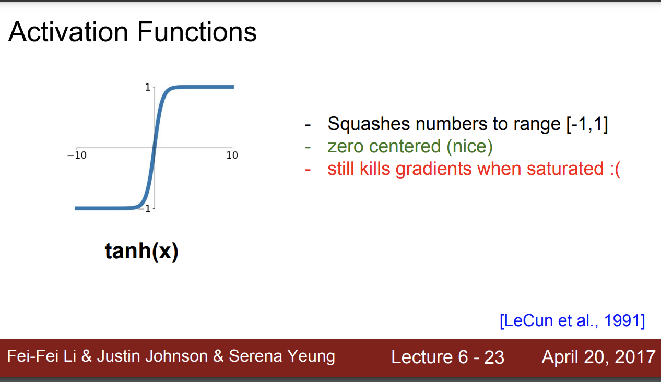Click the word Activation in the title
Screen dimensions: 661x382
coord(68,32)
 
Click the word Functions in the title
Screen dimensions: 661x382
coord(197,32)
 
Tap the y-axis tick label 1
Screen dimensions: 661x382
coord(148,87)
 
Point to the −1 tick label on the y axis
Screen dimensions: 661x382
coord(145,209)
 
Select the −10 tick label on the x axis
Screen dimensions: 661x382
coord(77,155)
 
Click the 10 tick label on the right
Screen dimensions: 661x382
coord(232,155)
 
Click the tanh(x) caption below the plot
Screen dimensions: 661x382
coord(141,252)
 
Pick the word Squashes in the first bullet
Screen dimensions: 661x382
coord(369,124)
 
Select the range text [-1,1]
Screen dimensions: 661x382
coord(587,124)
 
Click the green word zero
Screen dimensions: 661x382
coord(345,147)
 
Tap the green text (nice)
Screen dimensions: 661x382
coord(469,147)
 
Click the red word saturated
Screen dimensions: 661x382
coord(565,169)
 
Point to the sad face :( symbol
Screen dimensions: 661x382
coord(615,169)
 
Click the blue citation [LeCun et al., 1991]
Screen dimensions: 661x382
coord(572,320)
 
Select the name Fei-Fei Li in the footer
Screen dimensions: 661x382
coord(42,356)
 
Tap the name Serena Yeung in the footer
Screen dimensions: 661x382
coord(282,356)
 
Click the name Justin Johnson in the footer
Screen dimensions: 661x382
coord(152,356)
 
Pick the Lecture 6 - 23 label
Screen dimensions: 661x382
coord(447,357)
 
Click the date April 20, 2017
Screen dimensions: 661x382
coord(598,357)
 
